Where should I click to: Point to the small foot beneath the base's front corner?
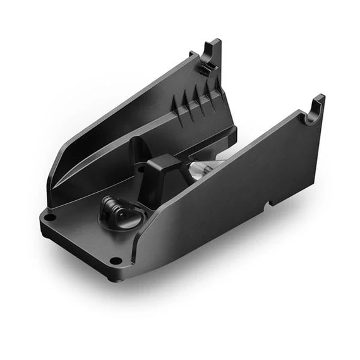pyautogui.click(x=112, y=277)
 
